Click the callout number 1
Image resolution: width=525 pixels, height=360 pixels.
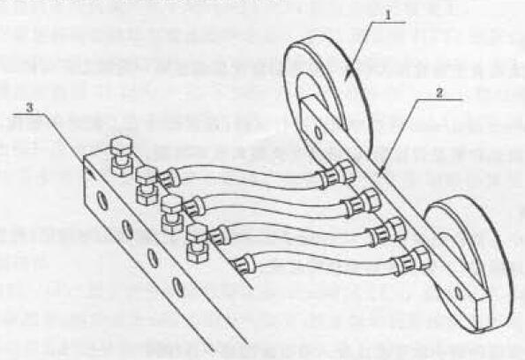click(x=388, y=15)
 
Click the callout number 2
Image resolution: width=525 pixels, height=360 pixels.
click(x=439, y=94)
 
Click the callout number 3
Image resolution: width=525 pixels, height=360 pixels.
click(x=30, y=108)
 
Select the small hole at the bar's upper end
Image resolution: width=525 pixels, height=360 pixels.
click(x=319, y=133)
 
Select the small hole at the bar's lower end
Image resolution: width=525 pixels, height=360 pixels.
click(x=459, y=294)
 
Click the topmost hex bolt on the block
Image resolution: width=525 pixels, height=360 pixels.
click(x=122, y=155)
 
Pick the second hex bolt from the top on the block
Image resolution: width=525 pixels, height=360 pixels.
click(x=146, y=185)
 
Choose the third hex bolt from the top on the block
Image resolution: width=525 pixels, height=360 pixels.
click(x=172, y=214)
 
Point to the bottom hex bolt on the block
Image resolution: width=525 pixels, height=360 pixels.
click(x=198, y=243)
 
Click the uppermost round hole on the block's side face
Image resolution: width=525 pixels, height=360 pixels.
click(x=102, y=200)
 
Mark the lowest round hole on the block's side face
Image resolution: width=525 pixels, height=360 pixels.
click(x=177, y=287)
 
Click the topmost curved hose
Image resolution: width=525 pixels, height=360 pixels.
click(x=248, y=176)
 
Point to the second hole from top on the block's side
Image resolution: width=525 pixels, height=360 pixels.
click(x=127, y=229)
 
